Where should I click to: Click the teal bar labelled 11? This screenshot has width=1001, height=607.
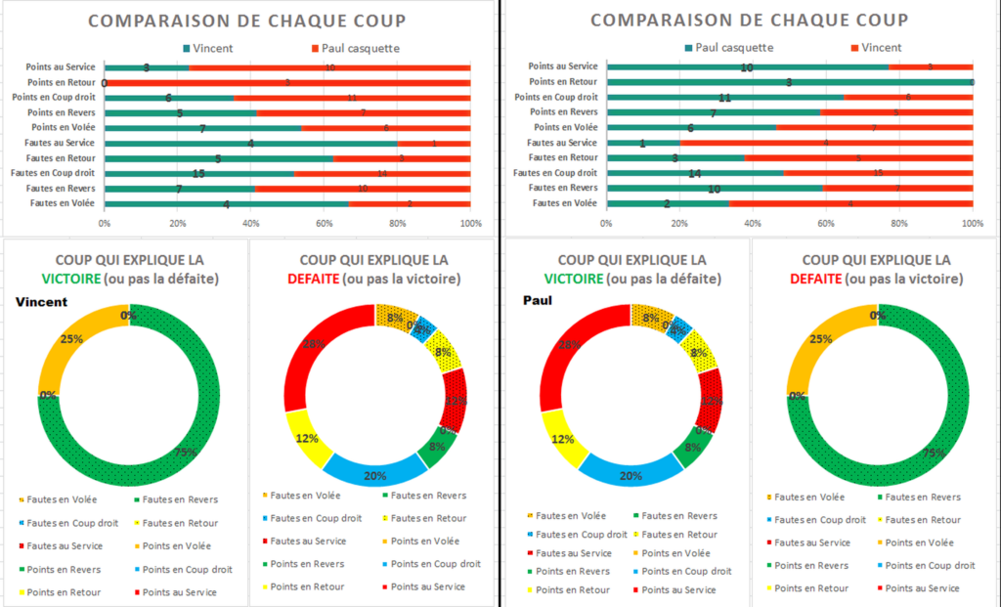pyautogui.click(x=724, y=98)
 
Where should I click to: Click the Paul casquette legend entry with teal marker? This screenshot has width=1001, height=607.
pyautogui.click(x=729, y=47)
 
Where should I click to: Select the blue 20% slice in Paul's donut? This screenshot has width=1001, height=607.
pyautogui.click(x=627, y=470)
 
